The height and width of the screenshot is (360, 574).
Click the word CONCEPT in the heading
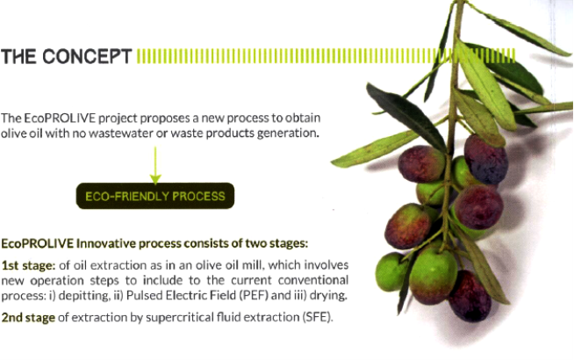(87, 56)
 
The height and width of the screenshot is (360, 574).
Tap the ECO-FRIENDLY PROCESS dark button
(155, 196)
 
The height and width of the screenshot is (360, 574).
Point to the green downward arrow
(155, 166)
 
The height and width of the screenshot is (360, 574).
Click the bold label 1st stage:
(28, 265)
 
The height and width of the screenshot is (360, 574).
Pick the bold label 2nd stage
(28, 317)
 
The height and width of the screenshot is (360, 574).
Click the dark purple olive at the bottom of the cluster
(470, 296)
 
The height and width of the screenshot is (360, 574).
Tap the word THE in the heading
(18, 57)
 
